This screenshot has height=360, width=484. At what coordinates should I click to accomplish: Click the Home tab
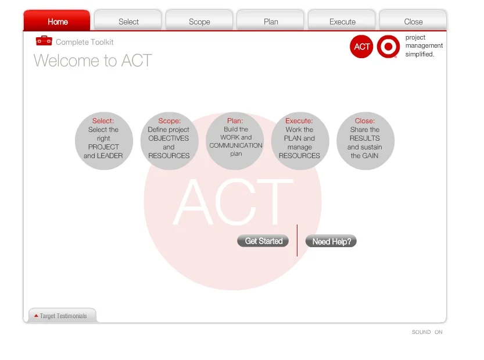(x=57, y=22)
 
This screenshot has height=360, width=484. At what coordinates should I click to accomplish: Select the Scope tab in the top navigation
(x=199, y=22)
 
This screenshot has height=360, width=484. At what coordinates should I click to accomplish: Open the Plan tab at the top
(x=271, y=22)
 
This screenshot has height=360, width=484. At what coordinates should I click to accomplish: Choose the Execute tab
(x=342, y=22)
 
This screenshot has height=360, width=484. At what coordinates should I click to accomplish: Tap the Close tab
(x=413, y=22)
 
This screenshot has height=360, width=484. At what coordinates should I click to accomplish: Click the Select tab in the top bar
(x=128, y=22)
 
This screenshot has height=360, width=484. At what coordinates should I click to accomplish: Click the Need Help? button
(x=331, y=241)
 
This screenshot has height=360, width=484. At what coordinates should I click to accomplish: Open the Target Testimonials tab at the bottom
(x=62, y=316)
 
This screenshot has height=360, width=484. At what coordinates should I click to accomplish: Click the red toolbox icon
(x=44, y=41)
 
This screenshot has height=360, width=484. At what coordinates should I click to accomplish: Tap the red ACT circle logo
(x=361, y=47)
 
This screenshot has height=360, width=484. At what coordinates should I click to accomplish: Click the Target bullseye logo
(x=388, y=47)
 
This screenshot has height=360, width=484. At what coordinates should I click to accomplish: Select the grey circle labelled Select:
(x=103, y=141)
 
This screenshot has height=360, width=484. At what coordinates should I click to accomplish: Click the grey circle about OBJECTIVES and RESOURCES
(x=169, y=141)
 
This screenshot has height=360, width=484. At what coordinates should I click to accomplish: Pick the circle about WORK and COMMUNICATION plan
(x=235, y=141)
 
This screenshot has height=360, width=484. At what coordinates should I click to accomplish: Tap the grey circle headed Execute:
(x=300, y=141)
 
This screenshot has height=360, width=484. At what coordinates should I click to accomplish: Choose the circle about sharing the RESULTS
(x=365, y=141)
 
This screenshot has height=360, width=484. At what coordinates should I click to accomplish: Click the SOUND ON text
(x=427, y=332)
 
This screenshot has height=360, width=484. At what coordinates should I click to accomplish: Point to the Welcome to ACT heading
(x=93, y=60)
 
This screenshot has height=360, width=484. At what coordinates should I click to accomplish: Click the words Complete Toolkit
(x=84, y=42)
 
